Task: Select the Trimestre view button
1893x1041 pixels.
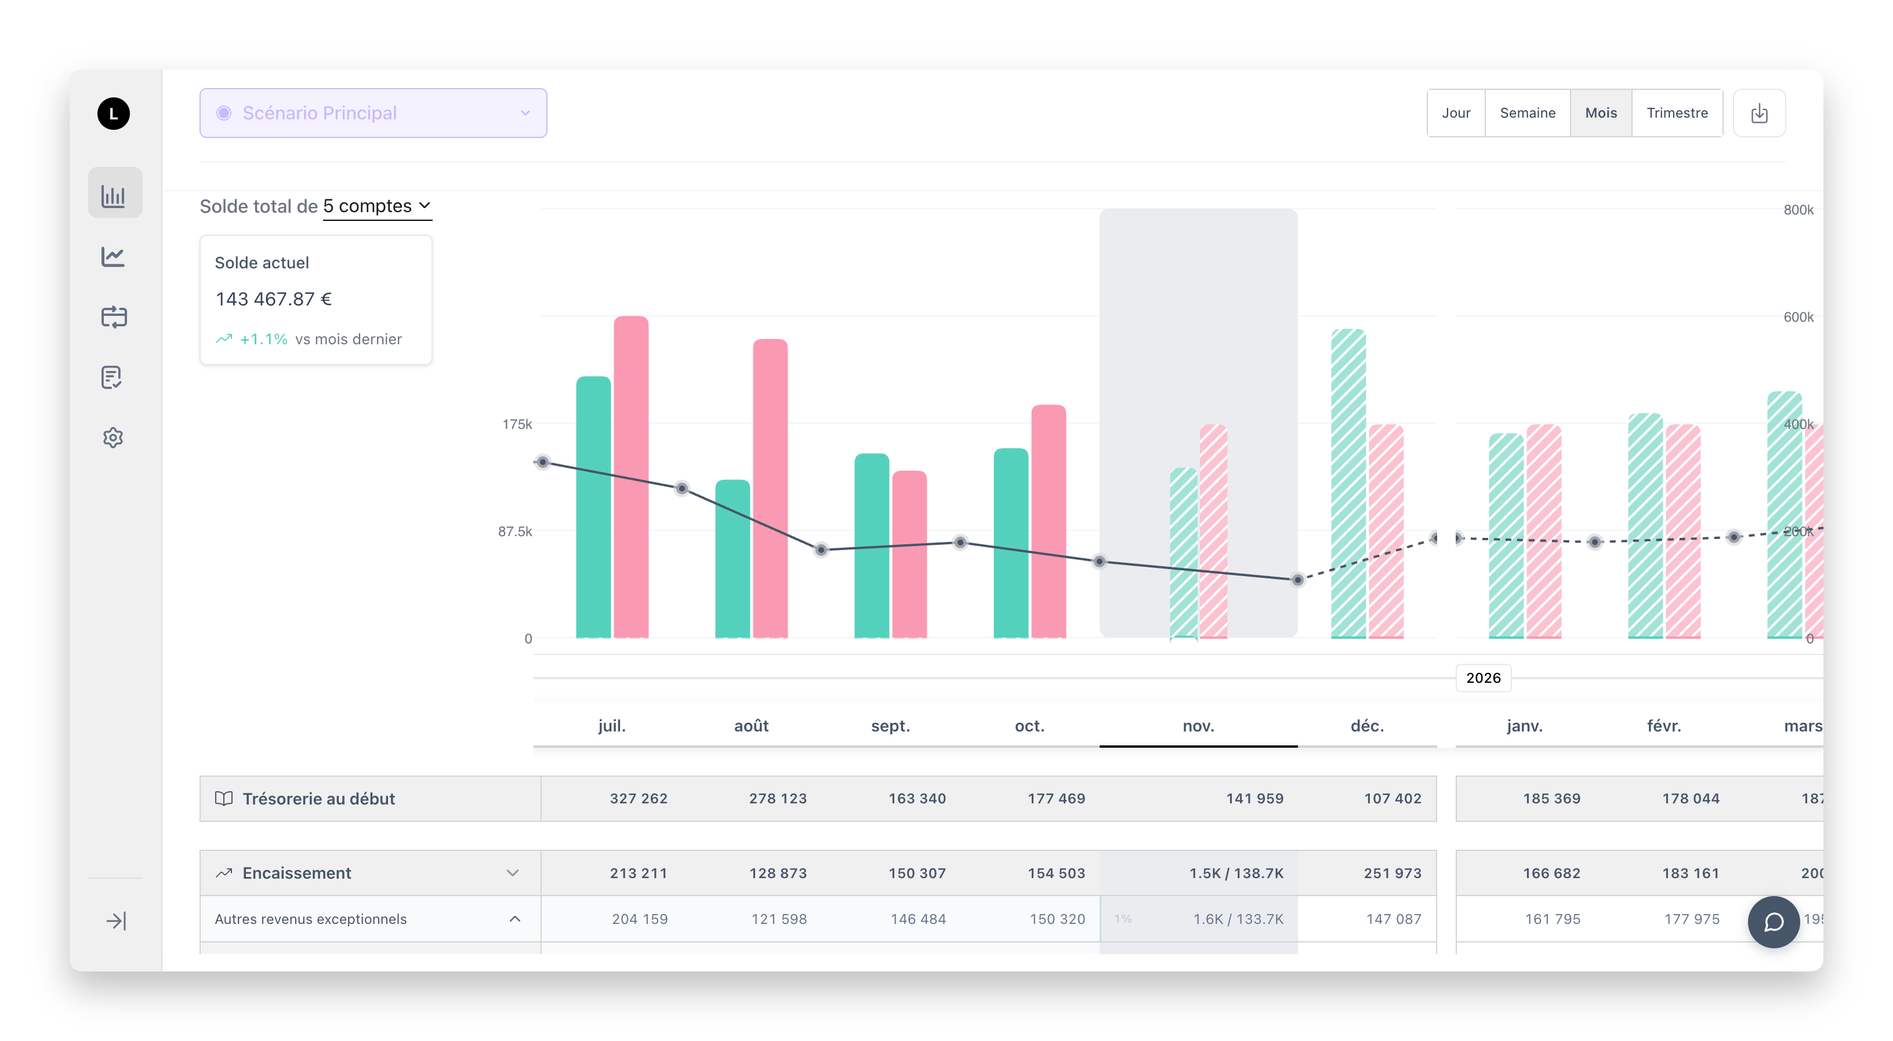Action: [x=1676, y=113]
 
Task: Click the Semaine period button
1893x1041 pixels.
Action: [x=1527, y=113]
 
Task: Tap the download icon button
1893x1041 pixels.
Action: [x=1758, y=113]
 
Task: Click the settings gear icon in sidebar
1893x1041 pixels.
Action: [x=113, y=438]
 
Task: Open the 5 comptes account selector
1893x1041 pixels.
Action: [x=376, y=206]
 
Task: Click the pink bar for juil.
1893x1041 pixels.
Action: [x=630, y=478]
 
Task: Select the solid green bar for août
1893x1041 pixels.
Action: [x=732, y=558]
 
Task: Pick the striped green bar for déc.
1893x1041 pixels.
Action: [x=1348, y=485]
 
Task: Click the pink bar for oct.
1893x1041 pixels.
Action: [x=1048, y=522]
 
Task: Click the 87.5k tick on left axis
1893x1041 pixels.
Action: [x=514, y=531]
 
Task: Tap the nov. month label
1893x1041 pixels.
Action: [x=1198, y=726]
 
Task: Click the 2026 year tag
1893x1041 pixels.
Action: [x=1483, y=678]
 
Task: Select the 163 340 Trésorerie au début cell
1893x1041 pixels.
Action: [x=916, y=799]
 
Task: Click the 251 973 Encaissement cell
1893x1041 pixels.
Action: [x=1392, y=873]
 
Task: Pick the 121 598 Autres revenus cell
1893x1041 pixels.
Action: [x=778, y=919]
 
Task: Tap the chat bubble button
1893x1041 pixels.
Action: [x=1773, y=922]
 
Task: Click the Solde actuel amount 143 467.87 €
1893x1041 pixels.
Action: [x=273, y=299]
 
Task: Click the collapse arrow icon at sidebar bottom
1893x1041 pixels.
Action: [x=115, y=920]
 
